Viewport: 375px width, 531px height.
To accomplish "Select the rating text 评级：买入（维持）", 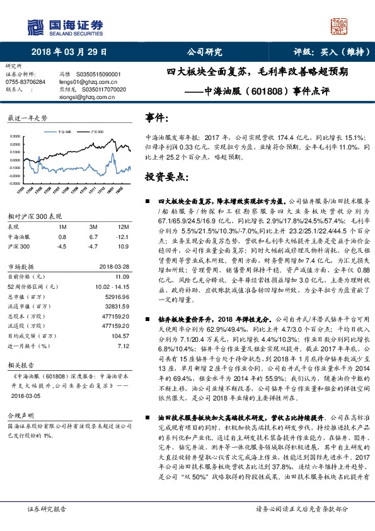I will tap(323, 52).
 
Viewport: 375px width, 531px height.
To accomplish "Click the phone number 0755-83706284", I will tap(25, 82).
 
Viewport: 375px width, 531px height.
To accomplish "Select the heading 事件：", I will tap(157, 118).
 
